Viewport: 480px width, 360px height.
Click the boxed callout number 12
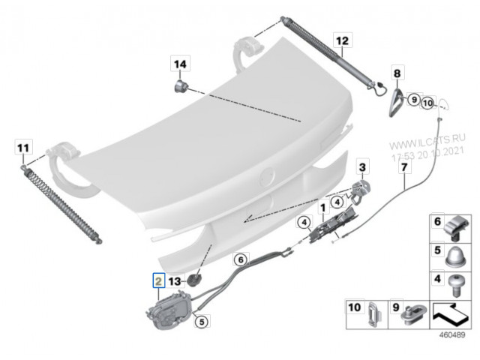(342, 40)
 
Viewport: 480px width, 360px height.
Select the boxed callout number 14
(180, 64)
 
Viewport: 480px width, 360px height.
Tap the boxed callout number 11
(23, 148)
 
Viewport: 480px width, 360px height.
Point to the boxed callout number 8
(397, 73)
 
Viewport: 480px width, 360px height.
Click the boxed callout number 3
(362, 166)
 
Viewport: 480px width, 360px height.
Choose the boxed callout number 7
(404, 167)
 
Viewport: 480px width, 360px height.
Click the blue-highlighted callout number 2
(158, 280)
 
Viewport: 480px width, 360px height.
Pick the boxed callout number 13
(175, 281)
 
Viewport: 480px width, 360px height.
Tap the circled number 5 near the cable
(202, 322)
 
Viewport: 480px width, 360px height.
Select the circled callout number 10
(427, 103)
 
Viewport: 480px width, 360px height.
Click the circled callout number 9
(414, 100)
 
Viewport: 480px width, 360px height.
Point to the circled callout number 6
(241, 260)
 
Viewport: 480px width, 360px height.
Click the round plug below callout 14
(180, 86)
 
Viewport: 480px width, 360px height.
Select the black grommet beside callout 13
(194, 280)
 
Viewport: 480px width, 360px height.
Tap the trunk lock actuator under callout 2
(169, 310)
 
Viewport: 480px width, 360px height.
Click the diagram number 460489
(451, 335)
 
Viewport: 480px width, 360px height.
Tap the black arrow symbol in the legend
(450, 314)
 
